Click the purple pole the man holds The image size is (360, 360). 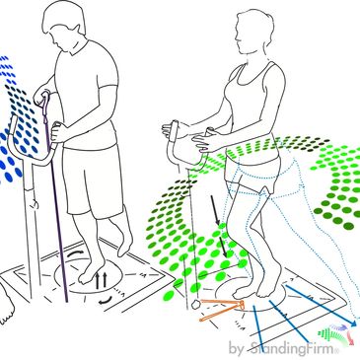pyautogui.click(x=56, y=197)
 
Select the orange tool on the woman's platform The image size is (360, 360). pyautogui.click(x=222, y=311)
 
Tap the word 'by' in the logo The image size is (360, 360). pyautogui.click(x=235, y=348)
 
